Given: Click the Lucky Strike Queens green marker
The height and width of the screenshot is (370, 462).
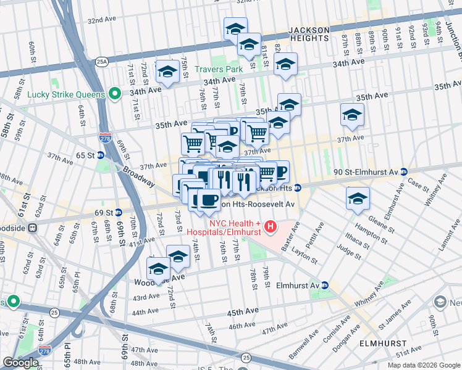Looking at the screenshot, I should pyautogui.click(x=114, y=94).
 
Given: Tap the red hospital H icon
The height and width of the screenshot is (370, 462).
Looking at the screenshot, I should pyautogui.click(x=270, y=228).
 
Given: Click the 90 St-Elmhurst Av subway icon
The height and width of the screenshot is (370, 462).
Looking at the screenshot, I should pyautogui.click(x=403, y=171).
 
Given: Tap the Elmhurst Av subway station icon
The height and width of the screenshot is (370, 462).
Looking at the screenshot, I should pyautogui.click(x=325, y=286).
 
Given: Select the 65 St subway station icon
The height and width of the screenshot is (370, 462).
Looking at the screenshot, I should pyautogui.click(x=99, y=156).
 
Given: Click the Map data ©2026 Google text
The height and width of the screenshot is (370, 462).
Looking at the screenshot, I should pyautogui.click(x=423, y=365).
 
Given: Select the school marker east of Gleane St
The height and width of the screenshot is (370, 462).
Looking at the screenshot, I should pyautogui.click(x=358, y=199).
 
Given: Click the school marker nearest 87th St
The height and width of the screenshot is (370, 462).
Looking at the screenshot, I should pyautogui.click(x=352, y=115).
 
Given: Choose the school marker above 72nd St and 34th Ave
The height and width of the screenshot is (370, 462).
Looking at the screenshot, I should pyautogui.click(x=167, y=72).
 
